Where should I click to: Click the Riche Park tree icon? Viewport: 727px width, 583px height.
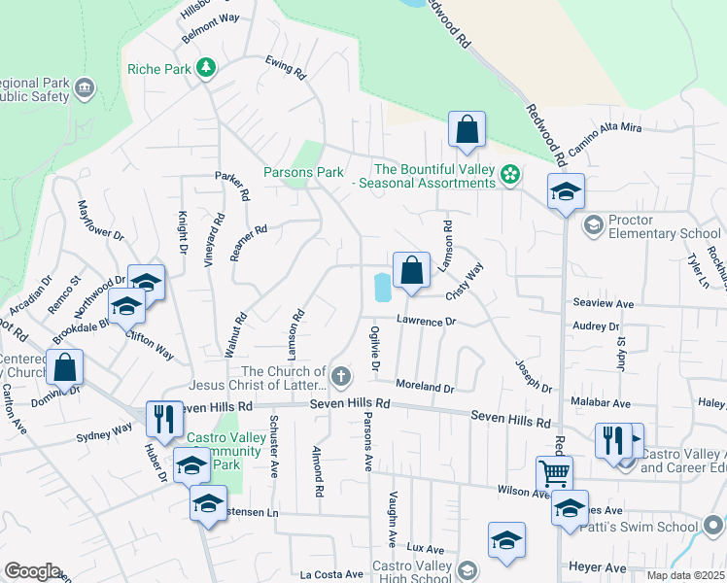pyautogui.click(x=205, y=68)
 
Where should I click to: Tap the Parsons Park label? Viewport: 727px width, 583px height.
pyautogui.click(x=303, y=172)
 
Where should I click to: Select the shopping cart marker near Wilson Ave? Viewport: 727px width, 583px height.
pyautogui.click(x=554, y=474)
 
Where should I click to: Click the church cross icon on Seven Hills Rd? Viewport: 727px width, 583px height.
pyautogui.click(x=340, y=376)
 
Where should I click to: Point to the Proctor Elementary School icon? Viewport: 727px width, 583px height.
pyautogui.click(x=592, y=226)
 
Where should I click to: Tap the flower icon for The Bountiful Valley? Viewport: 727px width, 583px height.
pyautogui.click(x=510, y=176)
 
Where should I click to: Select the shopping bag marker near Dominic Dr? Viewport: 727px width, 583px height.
pyautogui.click(x=64, y=368)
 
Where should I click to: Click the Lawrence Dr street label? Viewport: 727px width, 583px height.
pyautogui.click(x=425, y=321)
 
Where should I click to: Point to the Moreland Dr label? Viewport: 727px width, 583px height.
pyautogui.click(x=425, y=387)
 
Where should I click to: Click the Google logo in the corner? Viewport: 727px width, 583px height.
pyautogui.click(x=32, y=571)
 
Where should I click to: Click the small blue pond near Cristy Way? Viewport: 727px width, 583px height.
pyautogui.click(x=382, y=287)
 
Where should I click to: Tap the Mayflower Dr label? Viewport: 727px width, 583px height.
pyautogui.click(x=100, y=222)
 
